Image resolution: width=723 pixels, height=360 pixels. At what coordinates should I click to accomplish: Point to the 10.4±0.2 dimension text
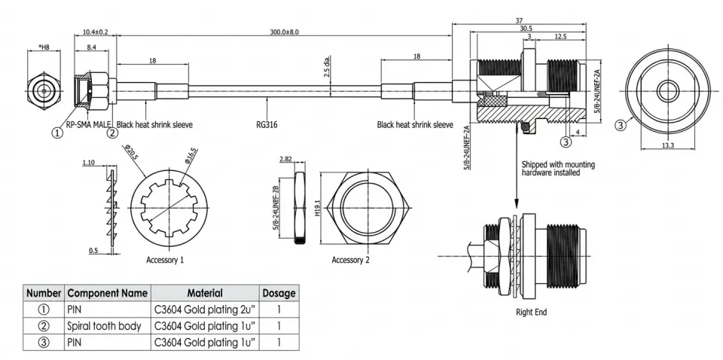[x=95, y=32]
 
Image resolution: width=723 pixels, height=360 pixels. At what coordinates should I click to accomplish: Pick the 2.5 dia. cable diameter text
[x=326, y=70]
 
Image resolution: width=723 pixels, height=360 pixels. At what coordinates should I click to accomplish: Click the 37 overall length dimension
[x=520, y=20]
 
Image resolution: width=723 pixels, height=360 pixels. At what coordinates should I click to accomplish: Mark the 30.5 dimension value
[x=525, y=28]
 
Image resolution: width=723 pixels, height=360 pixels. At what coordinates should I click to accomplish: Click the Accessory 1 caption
[x=165, y=259]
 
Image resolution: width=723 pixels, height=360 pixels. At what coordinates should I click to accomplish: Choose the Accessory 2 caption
[x=350, y=260]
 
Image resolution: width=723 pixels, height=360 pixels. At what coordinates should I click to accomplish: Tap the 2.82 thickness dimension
[x=286, y=160]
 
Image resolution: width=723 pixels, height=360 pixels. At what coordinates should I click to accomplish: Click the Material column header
[x=204, y=292]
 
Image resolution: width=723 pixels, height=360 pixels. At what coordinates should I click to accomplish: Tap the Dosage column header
[x=279, y=292]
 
